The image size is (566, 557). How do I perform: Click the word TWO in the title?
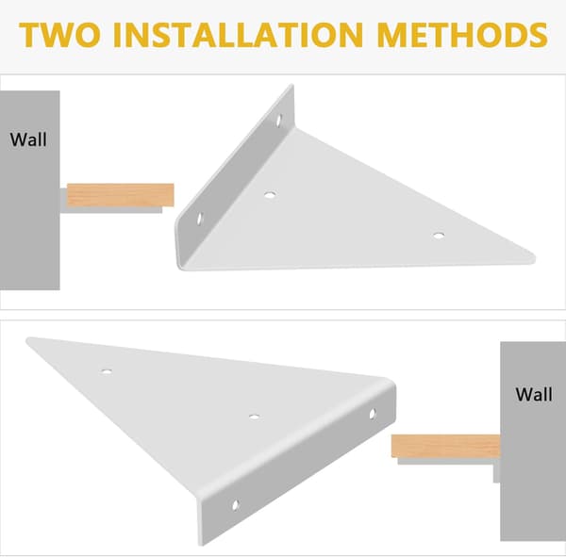coord(60,35)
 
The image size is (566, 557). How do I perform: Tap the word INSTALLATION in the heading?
coord(238,35)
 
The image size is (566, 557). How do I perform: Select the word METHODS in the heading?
coord(462,35)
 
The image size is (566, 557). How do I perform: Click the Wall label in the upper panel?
coord(28,139)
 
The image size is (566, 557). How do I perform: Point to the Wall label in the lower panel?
coord(534,394)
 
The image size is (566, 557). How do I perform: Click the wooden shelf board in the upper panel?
coord(121,195)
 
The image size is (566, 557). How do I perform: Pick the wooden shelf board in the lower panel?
coord(446,446)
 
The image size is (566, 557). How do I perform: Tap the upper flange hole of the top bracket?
coord(278,120)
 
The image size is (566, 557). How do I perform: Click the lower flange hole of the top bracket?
coord(200,219)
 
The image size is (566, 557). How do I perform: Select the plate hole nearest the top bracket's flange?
coord(270,195)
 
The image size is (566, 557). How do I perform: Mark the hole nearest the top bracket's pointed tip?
coord(439,236)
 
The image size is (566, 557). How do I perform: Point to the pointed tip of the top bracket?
coord(535,257)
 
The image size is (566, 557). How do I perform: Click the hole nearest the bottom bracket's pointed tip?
coord(106,371)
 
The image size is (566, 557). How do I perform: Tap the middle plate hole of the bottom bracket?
coord(254,417)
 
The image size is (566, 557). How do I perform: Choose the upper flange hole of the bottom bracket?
coord(373,414)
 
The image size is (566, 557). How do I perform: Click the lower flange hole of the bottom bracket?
coord(235,505)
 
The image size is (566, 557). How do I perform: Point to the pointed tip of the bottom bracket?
coord(27,340)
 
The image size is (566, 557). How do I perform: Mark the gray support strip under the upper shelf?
coord(111,209)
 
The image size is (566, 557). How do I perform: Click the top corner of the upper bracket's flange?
coord(292,86)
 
